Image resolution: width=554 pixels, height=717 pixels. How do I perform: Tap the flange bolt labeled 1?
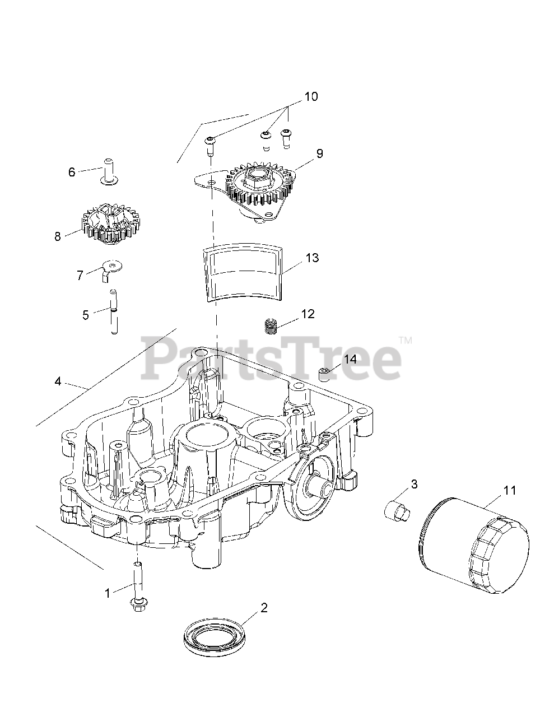click(x=138, y=588)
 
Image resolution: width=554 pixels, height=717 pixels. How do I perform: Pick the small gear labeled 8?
click(x=111, y=224)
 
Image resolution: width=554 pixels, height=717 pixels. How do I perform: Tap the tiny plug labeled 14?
click(x=324, y=375)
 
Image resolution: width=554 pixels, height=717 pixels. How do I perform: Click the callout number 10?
click(x=311, y=97)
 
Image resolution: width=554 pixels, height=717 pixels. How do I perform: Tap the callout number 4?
click(x=58, y=381)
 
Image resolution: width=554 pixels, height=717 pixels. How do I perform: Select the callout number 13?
click(x=312, y=258)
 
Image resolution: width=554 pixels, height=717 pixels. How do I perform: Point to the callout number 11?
click(x=510, y=490)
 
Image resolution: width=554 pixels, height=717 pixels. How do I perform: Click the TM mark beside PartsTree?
click(x=405, y=340)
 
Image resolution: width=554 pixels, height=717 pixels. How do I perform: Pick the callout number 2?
click(x=264, y=608)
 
